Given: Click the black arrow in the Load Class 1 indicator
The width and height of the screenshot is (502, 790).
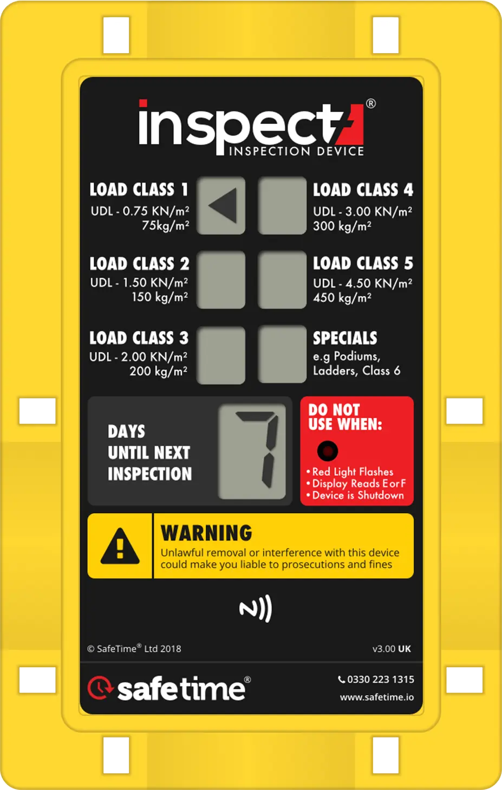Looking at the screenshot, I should (x=223, y=206).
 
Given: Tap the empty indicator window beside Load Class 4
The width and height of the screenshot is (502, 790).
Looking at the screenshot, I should (x=282, y=206).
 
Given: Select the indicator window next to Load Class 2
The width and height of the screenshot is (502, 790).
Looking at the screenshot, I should (x=220, y=280).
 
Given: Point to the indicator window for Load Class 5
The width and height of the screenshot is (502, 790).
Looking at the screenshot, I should (x=282, y=280).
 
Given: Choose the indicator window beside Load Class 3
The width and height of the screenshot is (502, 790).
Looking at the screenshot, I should (x=220, y=355).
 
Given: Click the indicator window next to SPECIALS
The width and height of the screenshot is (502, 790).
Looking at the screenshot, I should (x=282, y=355).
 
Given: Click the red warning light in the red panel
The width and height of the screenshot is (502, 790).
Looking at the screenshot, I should (x=328, y=451).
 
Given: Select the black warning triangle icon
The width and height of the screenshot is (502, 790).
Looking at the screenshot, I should (x=120, y=545).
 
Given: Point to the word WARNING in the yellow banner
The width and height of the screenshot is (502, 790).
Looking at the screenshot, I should (x=206, y=533).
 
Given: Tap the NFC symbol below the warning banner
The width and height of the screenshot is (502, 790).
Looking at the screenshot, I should (x=256, y=609).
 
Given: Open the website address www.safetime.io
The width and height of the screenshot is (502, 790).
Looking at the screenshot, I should (x=377, y=697).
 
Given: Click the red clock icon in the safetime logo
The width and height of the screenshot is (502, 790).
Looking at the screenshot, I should (x=100, y=687).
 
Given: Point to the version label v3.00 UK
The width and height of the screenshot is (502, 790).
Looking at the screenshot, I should (x=392, y=649).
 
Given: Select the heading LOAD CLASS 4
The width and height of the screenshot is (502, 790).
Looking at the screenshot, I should (x=363, y=190).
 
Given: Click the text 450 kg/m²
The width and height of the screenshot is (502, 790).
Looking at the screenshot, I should (x=342, y=297).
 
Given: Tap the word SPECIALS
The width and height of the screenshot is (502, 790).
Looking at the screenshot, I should (x=345, y=338).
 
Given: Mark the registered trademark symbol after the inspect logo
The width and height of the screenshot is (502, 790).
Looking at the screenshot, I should (x=371, y=103).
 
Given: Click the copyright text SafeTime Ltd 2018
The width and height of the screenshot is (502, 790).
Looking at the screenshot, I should (x=134, y=649).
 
